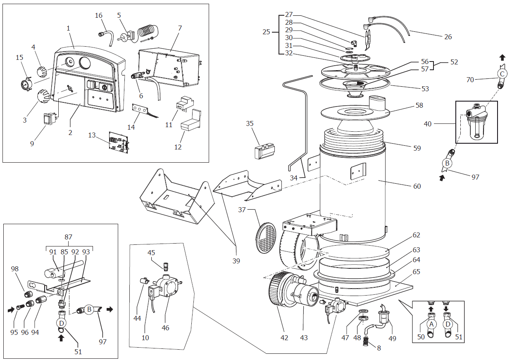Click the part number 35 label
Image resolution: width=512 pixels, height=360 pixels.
(250, 123)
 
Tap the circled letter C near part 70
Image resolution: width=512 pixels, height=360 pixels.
(502, 74)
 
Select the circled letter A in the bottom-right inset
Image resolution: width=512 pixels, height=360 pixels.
(431, 324)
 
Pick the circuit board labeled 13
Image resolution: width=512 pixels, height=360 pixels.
(119, 142)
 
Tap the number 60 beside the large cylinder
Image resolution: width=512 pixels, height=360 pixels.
(417, 186)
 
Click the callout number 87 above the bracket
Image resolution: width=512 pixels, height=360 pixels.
(69, 237)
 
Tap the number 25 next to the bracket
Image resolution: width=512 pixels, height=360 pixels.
(267, 31)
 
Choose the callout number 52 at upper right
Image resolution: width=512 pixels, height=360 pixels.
(454, 62)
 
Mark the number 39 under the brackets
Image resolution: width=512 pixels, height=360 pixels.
(236, 261)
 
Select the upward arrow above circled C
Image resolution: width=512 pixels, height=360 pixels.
(502, 57)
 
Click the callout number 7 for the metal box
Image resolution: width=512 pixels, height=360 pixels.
(180, 28)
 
